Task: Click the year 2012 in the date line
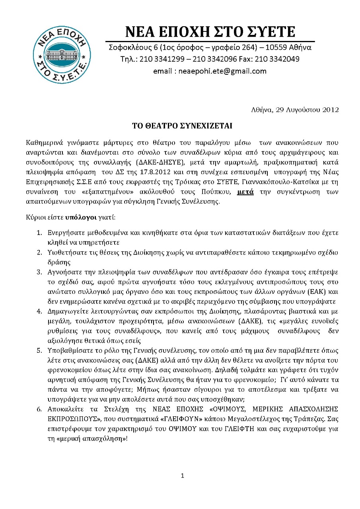click(x=331, y=109)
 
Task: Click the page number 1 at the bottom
click(x=182, y=476)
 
